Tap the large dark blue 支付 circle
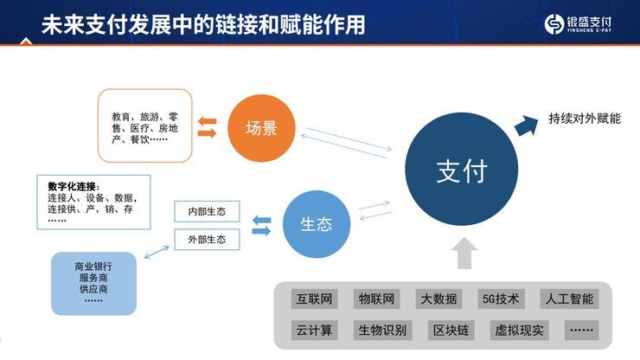461,170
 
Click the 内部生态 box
207,212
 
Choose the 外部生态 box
207,240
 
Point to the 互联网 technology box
313,299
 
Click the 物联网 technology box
376,299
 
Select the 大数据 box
438,299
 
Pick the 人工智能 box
569,299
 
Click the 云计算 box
313,331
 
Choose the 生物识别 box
381,331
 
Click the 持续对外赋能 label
585,119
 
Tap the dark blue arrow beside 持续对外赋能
527,125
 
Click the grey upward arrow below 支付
464,252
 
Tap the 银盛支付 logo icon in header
554,23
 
